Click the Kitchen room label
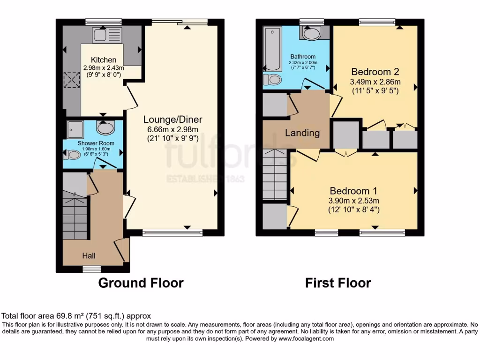coord(103,60)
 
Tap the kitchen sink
coord(107,35)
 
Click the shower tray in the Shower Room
coord(74,127)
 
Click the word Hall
coord(89,255)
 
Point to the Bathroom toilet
coord(272,80)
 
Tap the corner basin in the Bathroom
coord(311,33)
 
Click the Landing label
coord(302,133)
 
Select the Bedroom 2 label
coord(375,72)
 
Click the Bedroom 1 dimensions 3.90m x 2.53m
coord(354,201)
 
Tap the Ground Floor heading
coord(141,283)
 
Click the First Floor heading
coord(338,283)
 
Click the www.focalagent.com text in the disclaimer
coord(307,338)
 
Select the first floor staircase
coord(274,176)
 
